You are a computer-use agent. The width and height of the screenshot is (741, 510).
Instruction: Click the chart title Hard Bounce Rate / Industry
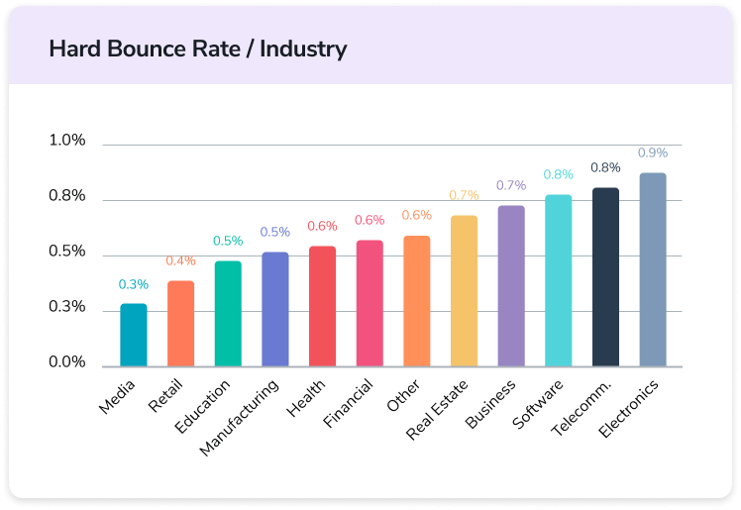198,48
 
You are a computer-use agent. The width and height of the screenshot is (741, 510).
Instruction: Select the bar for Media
134,335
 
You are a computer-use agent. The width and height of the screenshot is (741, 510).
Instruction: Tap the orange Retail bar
181,324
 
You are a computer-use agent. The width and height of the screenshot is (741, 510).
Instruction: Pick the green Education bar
228,314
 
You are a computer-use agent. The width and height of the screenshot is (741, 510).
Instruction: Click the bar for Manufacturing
275,309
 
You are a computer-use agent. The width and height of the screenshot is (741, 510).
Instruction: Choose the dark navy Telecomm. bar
605,277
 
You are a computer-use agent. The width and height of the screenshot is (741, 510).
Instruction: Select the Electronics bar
653,269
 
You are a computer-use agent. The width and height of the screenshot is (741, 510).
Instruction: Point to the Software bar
559,280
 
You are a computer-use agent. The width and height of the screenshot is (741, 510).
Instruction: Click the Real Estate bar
464,291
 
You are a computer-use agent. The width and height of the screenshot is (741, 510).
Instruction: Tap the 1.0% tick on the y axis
67,141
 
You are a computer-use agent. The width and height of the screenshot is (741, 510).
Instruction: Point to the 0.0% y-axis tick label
67,363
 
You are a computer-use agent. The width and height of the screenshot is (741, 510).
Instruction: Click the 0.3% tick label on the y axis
67,308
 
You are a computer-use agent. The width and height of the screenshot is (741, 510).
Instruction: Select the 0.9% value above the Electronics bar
653,153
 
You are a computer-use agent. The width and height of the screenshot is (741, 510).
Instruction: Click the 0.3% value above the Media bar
134,284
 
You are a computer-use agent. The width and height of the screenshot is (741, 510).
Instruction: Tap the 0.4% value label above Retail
181,260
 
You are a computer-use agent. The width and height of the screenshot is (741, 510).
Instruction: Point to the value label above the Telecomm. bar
605,167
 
